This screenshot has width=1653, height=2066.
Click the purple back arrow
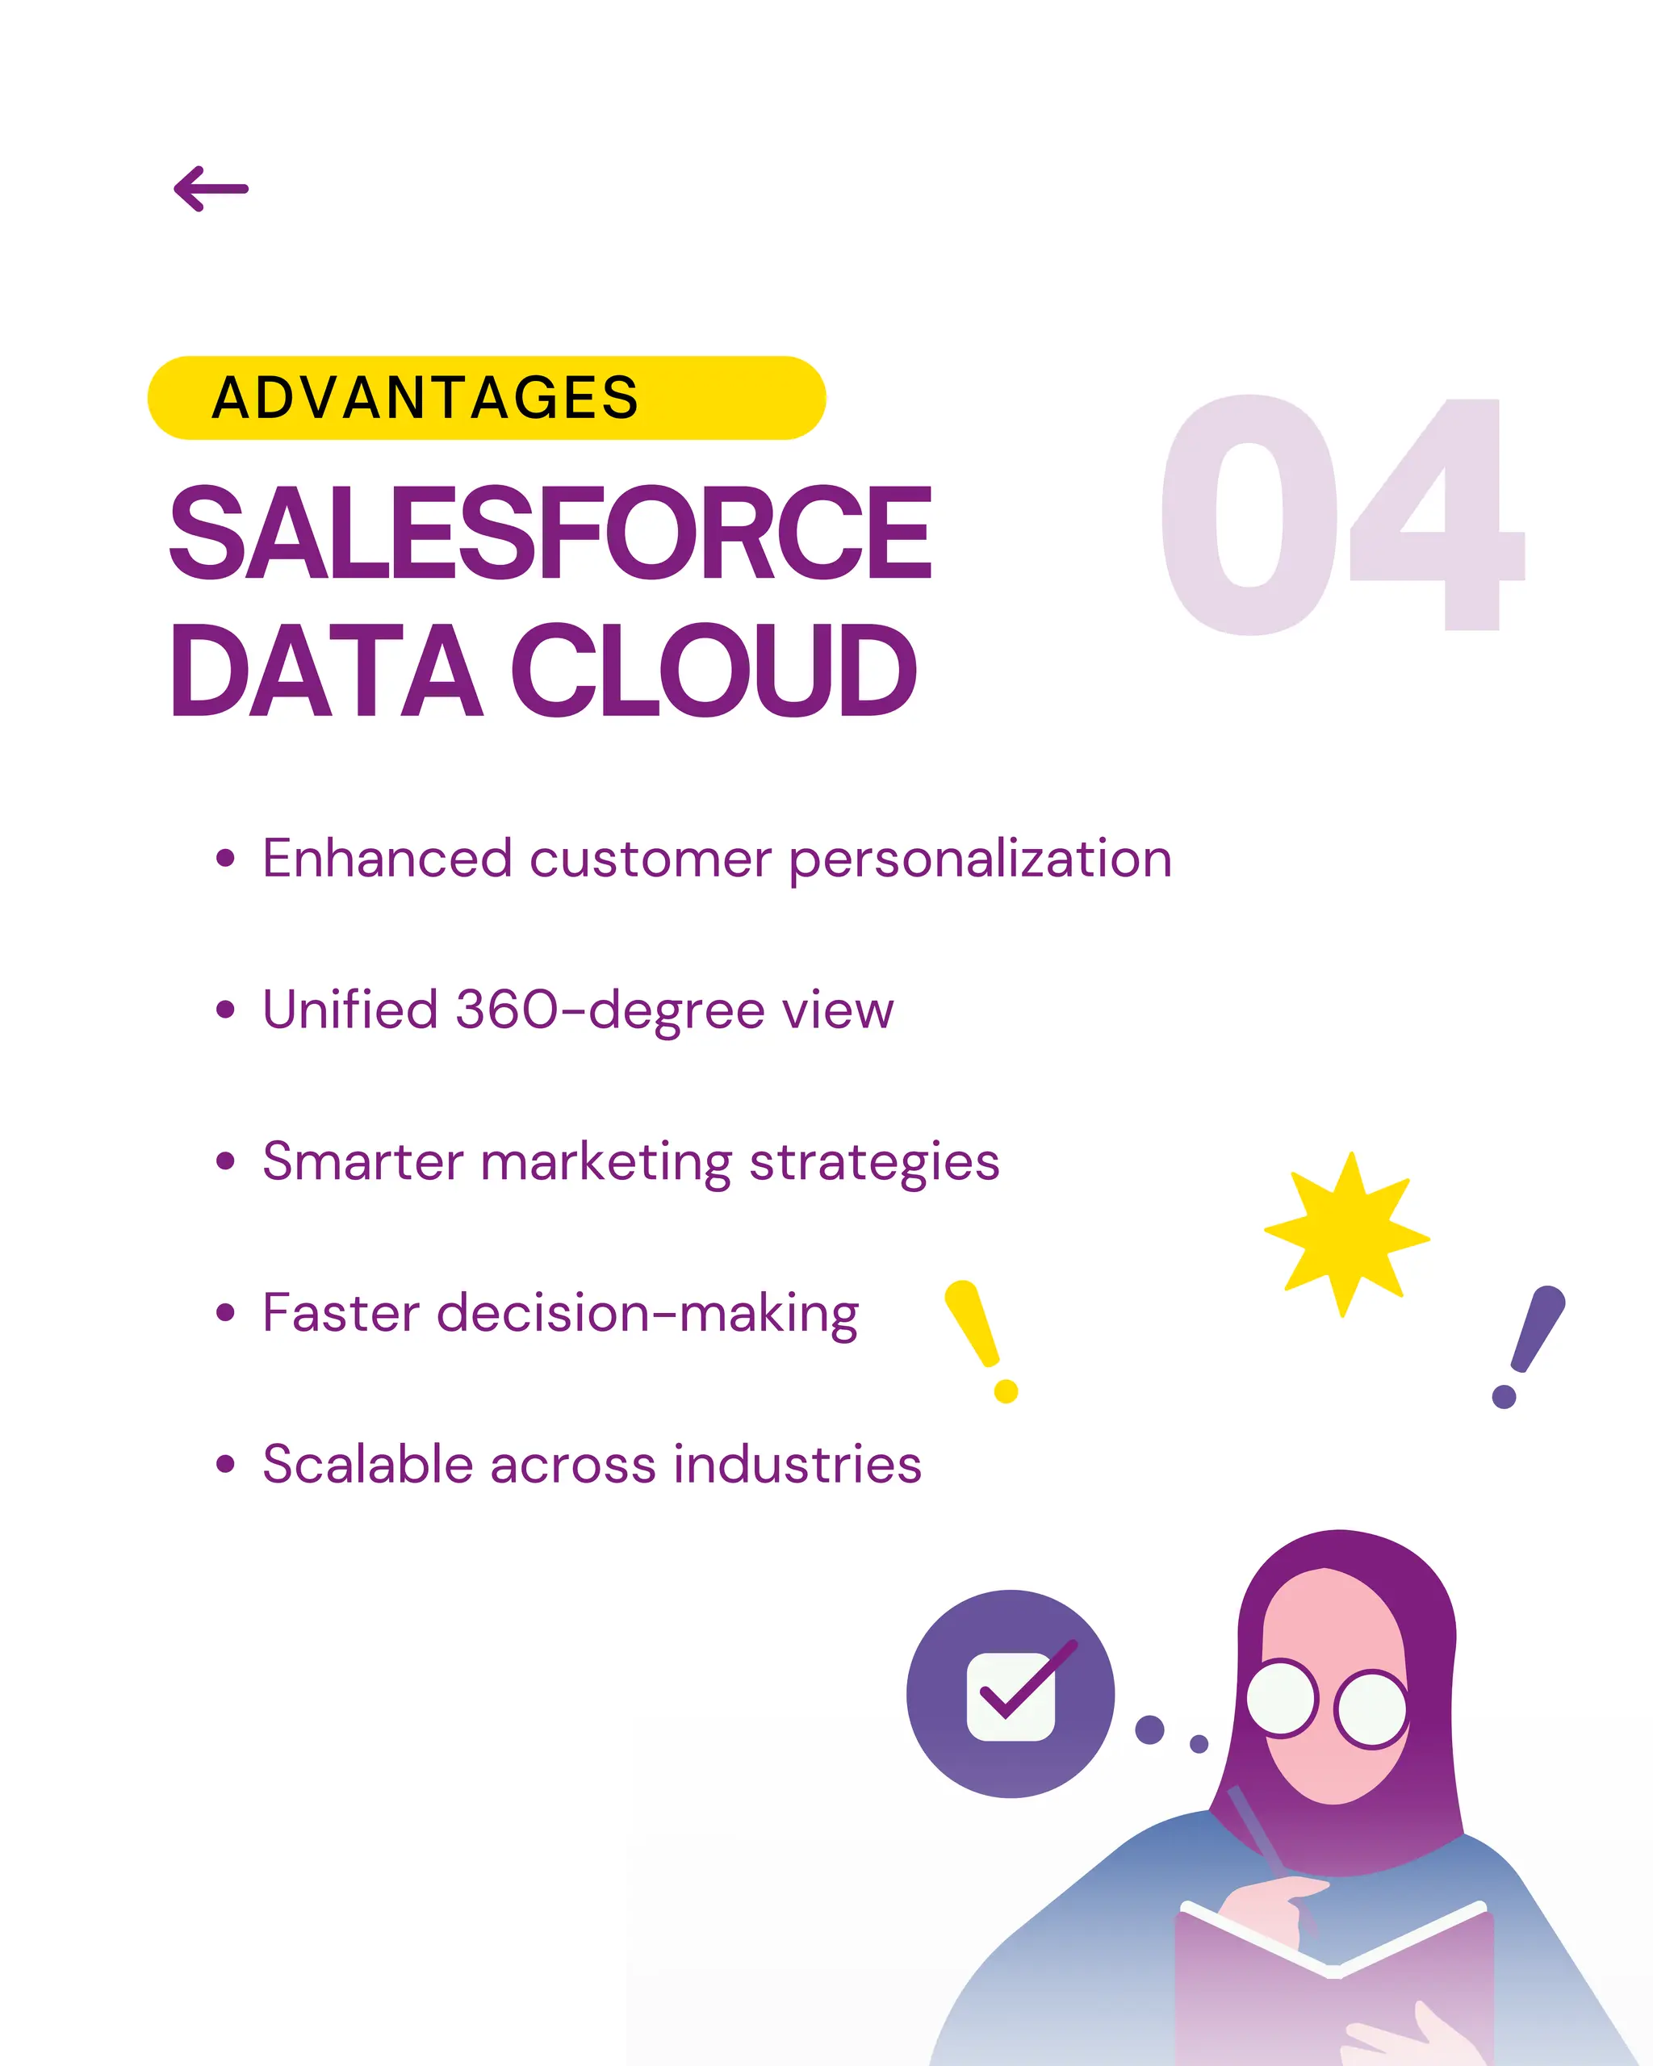click(x=211, y=189)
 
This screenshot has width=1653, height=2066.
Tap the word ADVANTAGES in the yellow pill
click(x=425, y=398)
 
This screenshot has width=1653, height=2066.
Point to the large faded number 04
click(x=1341, y=516)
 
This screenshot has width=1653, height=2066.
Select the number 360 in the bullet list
click(x=505, y=1010)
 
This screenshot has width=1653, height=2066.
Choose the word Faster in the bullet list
click(x=341, y=1313)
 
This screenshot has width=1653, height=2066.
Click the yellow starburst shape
click(x=1346, y=1236)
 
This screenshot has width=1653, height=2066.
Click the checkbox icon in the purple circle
click(x=1012, y=1697)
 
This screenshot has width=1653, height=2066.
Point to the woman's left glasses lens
click(x=1281, y=1698)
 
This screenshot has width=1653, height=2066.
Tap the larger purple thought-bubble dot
click(x=1149, y=1729)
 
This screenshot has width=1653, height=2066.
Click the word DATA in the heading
click(x=326, y=670)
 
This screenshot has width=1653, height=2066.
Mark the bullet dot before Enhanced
click(x=225, y=859)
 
